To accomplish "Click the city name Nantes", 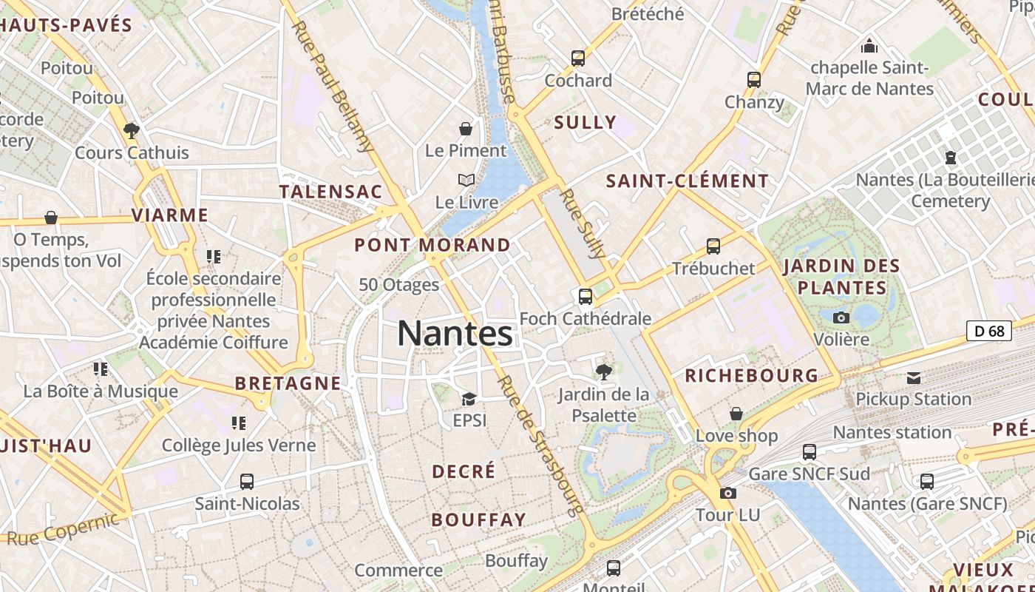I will click(x=455, y=334).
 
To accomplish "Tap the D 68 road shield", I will click(x=989, y=331).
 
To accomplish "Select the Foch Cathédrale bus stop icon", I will click(x=586, y=297).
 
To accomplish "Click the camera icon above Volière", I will click(x=841, y=317).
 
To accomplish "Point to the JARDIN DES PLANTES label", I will click(x=841, y=277).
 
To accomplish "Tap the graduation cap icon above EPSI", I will click(x=469, y=399).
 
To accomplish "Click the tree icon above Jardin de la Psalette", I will click(x=604, y=371).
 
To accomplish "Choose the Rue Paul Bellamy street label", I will click(x=333, y=85).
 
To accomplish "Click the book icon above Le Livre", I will click(x=466, y=180).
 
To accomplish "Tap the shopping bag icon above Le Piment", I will click(x=466, y=129).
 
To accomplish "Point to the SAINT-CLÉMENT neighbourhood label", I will click(x=688, y=181).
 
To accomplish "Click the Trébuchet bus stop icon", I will click(x=713, y=246).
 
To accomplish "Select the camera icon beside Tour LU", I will click(x=727, y=493).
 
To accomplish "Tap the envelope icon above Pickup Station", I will click(x=914, y=378).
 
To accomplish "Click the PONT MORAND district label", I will click(x=432, y=245).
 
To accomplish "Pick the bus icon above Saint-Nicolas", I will click(x=247, y=482).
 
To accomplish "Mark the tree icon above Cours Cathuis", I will click(x=132, y=131).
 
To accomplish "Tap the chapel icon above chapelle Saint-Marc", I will click(x=869, y=46).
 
